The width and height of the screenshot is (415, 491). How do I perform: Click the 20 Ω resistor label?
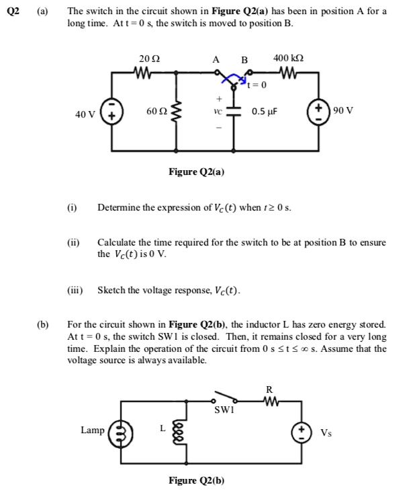pyautogui.click(x=149, y=59)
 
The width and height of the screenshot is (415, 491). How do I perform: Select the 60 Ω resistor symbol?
pyautogui.click(x=178, y=111)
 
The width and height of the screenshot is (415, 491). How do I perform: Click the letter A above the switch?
pyautogui.click(x=216, y=60)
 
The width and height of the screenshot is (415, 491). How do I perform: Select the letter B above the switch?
pyautogui.click(x=244, y=60)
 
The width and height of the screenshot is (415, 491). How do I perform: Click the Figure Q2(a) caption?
pyautogui.click(x=197, y=172)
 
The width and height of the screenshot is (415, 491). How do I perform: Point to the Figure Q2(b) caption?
pyautogui.click(x=197, y=480)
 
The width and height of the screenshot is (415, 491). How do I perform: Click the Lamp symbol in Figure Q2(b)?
pyautogui.click(x=122, y=431)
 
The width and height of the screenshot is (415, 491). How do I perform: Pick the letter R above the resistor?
pyautogui.click(x=269, y=389)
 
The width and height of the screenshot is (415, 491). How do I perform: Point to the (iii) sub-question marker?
pyautogui.click(x=75, y=291)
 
